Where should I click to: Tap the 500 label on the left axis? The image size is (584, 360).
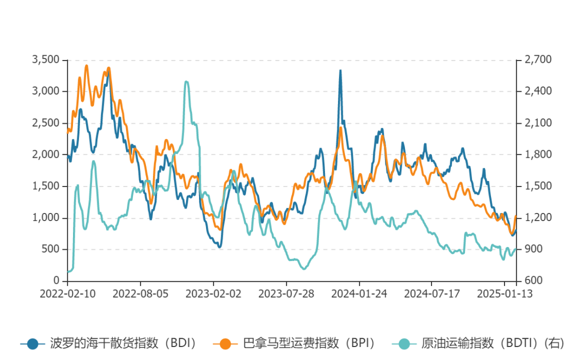tap(51, 249)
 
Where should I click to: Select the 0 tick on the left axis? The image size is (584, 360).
tap(57, 281)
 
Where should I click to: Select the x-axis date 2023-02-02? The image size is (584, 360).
tap(213, 294)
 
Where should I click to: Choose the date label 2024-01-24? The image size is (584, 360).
tap(359, 294)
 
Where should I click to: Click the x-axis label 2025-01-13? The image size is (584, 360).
tap(504, 294)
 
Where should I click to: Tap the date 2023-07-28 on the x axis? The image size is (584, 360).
tap(286, 294)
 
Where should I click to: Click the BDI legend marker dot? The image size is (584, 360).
tap(33, 343)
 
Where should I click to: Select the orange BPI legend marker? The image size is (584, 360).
tap(226, 343)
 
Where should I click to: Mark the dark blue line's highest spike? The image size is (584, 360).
tap(340, 70)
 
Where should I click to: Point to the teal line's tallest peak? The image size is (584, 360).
tap(187, 82)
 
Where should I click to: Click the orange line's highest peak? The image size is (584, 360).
tap(87, 65)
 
